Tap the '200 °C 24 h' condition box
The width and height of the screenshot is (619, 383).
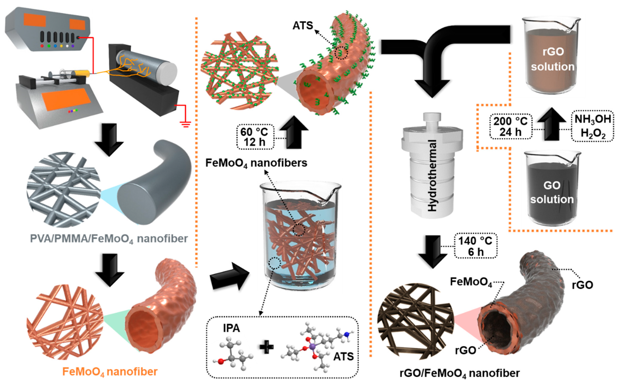(510, 127)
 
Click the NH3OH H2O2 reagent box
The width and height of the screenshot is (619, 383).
(592, 126)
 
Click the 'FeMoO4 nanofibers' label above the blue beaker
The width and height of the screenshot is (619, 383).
(256, 163)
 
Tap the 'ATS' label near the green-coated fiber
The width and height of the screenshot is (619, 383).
(303, 26)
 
